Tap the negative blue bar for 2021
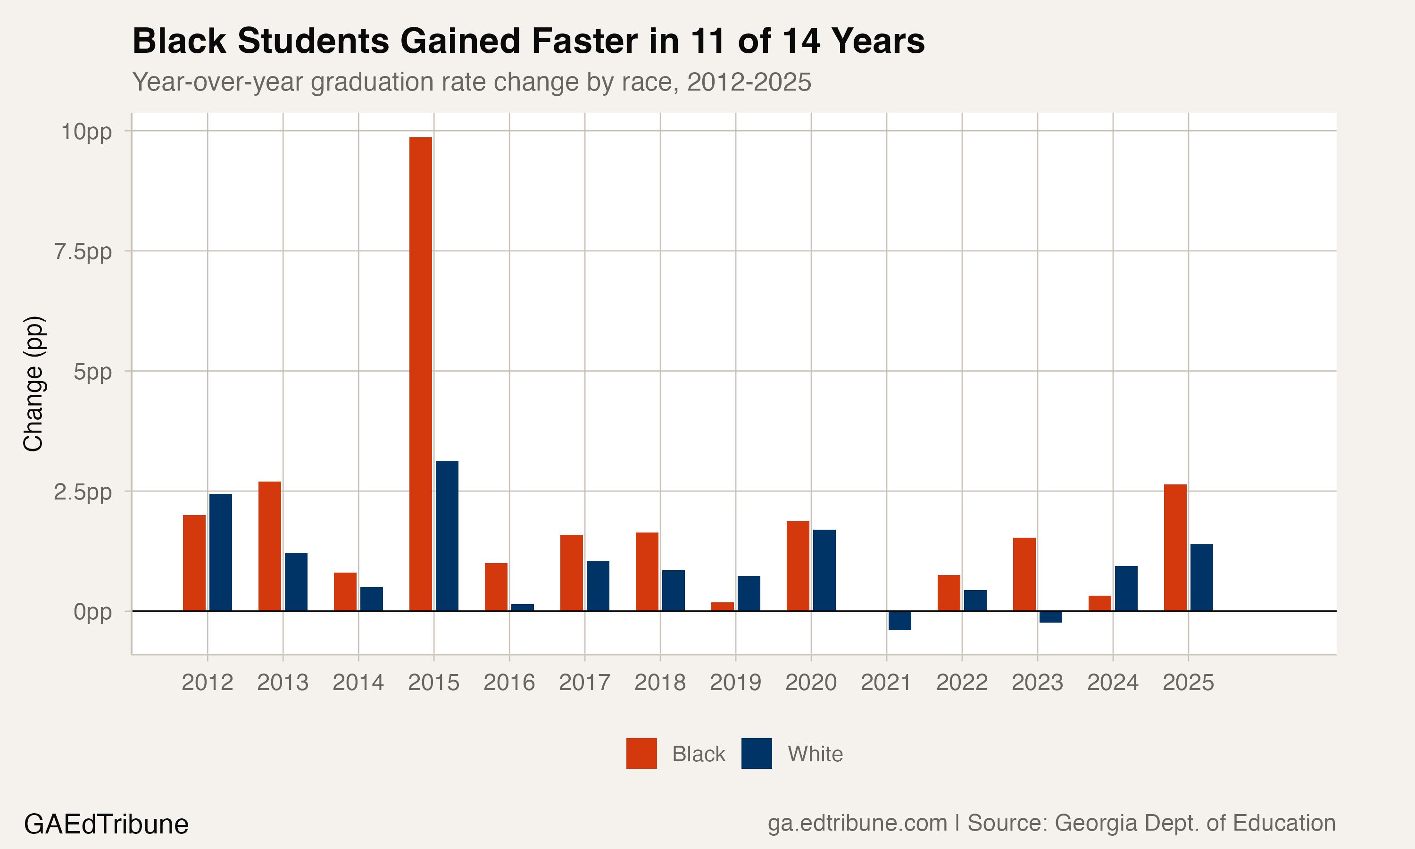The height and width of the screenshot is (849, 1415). tap(899, 621)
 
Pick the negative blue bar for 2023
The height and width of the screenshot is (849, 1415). tap(1051, 617)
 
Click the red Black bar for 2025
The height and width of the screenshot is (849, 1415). tap(1175, 548)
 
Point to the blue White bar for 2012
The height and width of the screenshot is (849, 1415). tap(220, 552)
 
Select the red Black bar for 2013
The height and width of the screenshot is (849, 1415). tap(269, 546)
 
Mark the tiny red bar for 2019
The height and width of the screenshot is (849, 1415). tap(723, 607)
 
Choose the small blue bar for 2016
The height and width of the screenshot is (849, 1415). tap(522, 608)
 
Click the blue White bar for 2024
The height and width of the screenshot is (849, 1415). tap(1126, 588)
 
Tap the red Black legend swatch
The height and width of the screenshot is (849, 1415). tap(641, 753)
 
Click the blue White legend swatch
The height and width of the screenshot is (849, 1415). tap(756, 753)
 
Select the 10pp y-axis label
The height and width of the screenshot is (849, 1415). tap(86, 132)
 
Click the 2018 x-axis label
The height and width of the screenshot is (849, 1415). tap(659, 683)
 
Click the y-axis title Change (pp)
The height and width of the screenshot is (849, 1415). tap(33, 384)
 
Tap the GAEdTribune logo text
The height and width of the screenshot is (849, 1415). tap(107, 824)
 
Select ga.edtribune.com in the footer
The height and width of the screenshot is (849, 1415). tap(857, 823)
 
